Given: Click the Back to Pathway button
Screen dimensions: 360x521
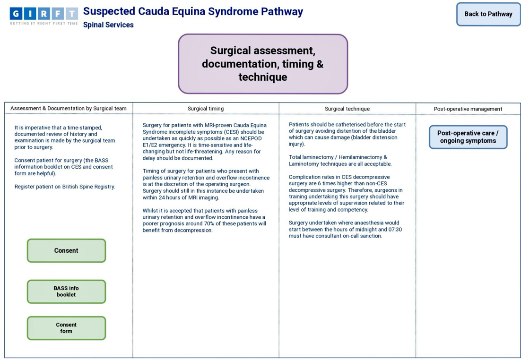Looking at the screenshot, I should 488,14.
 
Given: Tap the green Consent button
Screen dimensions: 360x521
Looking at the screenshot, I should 66,250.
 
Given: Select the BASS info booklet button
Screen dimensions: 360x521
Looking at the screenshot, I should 66,291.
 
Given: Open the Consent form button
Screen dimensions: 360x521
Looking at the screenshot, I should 66,328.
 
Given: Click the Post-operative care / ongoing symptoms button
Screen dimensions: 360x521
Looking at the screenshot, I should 468,137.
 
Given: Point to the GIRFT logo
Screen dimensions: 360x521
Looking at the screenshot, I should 43,16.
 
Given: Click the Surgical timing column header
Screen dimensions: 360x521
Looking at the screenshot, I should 206,109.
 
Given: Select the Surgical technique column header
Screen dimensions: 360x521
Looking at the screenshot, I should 347,109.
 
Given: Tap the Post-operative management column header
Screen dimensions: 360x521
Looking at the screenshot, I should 468,109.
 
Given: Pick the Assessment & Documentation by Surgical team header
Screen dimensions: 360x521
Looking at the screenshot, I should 69,109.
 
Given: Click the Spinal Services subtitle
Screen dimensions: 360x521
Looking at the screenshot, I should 108,25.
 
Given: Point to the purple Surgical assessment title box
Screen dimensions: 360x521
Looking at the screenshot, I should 263,64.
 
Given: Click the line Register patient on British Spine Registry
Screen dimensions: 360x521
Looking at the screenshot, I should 65,187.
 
